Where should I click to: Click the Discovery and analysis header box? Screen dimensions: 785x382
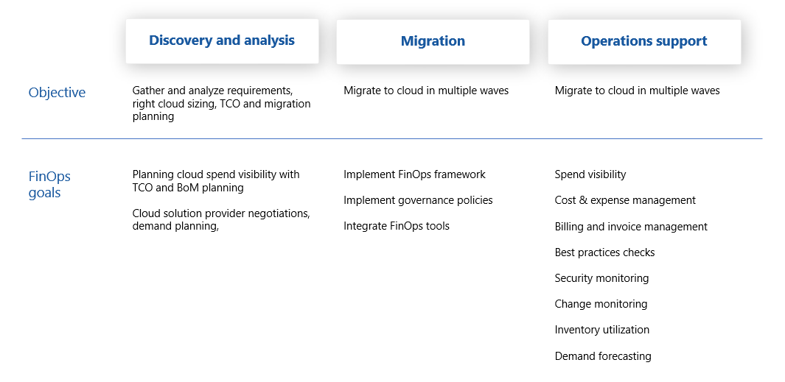coord(222,41)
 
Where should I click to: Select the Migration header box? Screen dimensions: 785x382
coord(433,41)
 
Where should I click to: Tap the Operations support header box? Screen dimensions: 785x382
coord(644,41)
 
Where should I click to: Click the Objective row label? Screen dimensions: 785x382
coord(57,93)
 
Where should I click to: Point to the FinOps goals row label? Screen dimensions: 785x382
coord(49,185)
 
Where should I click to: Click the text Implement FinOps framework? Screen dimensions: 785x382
coord(414,174)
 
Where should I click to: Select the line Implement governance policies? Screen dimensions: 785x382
coord(418,200)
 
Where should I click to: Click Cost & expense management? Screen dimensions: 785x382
coord(625,200)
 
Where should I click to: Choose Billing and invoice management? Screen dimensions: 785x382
coord(631,227)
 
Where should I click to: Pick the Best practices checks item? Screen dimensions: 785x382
coord(604,252)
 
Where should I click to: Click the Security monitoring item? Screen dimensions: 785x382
coord(601,278)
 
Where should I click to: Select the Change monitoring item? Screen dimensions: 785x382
coord(601,304)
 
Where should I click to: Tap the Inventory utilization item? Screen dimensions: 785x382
coord(601,330)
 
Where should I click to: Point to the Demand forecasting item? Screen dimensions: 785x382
coord(603,356)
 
